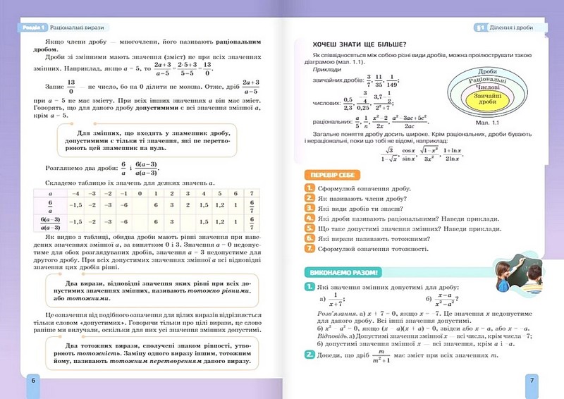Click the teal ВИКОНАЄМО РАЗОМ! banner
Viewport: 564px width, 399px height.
(x=339, y=272)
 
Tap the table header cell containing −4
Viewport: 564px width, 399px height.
(x=73, y=192)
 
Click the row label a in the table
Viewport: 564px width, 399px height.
(x=49, y=192)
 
